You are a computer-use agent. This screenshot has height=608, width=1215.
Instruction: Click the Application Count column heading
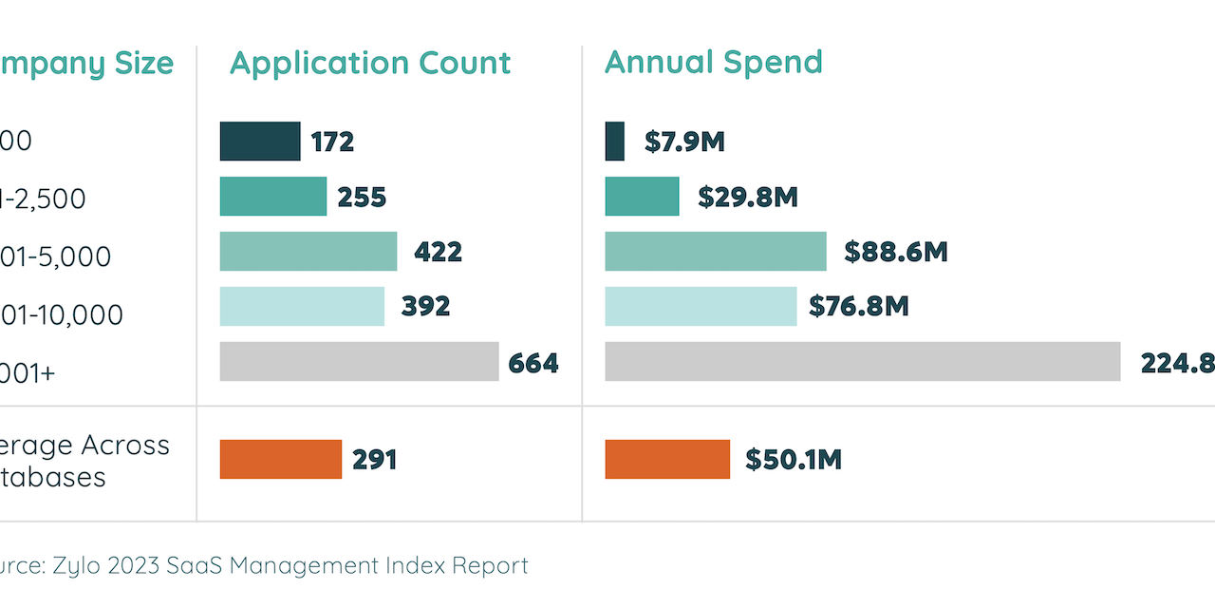[x=370, y=64]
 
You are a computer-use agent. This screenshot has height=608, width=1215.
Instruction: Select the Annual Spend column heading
[x=713, y=63]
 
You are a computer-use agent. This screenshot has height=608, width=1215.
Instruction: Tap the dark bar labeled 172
[x=260, y=142]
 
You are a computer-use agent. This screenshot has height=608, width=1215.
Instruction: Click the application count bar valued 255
[x=273, y=197]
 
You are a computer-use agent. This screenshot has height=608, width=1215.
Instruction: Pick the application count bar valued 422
[x=308, y=252]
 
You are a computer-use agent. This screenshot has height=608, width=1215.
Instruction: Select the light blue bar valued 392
[x=302, y=306]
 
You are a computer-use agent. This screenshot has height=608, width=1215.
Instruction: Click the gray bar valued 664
[x=359, y=362]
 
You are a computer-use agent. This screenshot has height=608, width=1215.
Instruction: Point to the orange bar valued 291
[x=280, y=460]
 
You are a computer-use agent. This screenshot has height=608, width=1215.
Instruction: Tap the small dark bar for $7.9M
[x=615, y=142]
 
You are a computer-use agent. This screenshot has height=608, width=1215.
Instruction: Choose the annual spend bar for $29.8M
[x=643, y=197]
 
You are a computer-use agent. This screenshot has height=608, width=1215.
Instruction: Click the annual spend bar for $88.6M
[x=716, y=252]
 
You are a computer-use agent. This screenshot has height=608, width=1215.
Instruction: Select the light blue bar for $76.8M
[x=701, y=306]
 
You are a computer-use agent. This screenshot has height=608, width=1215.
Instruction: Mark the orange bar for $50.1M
[x=667, y=460]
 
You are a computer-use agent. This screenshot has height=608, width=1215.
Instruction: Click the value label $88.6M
[x=896, y=252]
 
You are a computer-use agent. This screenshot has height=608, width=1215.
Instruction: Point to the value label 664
[x=533, y=363]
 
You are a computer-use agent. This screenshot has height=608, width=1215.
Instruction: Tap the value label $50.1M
[x=794, y=460]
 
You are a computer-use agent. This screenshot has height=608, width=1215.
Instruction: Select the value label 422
[x=438, y=252]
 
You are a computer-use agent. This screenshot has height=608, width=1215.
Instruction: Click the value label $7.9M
[x=684, y=142]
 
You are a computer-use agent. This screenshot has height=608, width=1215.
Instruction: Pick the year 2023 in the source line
[x=133, y=566]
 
